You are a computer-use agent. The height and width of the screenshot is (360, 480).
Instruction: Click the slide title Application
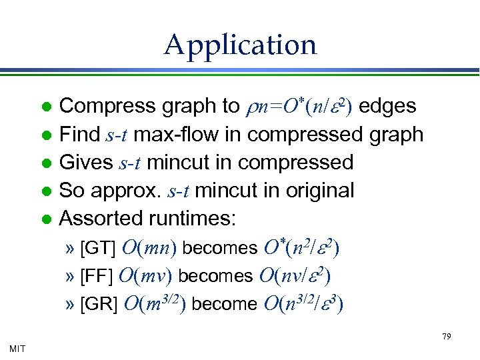tap(240, 45)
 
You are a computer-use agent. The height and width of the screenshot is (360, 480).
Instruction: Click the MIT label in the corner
tap(18, 348)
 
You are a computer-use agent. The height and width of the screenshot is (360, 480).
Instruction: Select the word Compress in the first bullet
tap(99, 106)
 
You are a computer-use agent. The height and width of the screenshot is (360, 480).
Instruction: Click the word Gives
tap(87, 162)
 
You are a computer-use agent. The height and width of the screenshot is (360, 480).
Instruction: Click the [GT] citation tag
tap(99, 248)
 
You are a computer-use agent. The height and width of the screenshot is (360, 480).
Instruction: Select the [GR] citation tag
tap(99, 304)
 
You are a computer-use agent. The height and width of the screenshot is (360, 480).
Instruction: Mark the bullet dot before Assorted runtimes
tap(47, 219)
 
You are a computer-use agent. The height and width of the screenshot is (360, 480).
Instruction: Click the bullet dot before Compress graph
tap(47, 107)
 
